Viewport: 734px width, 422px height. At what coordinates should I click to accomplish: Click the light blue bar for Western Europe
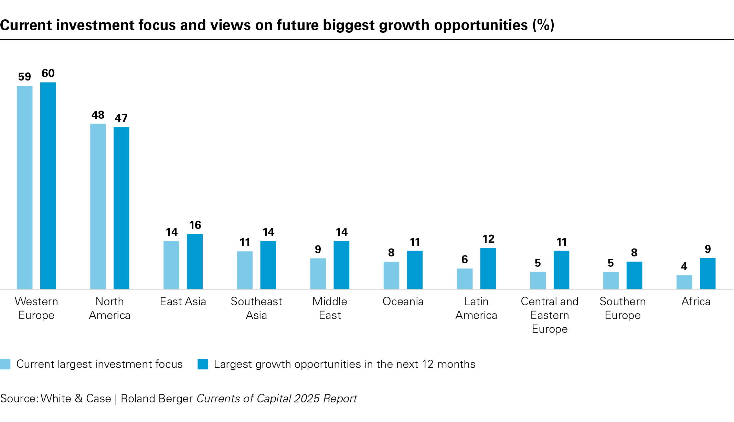[25, 187]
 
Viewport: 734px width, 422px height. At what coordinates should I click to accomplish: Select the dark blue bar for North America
[121, 208]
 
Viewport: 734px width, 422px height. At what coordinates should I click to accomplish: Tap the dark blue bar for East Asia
[195, 262]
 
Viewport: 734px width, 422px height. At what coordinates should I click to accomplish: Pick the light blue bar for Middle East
[318, 274]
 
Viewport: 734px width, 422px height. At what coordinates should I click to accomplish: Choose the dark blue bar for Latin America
[488, 268]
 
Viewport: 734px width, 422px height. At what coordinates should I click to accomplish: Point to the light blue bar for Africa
[684, 282]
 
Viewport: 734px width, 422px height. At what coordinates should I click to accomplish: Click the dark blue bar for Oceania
[415, 270]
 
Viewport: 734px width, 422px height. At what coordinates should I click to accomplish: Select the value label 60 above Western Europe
[48, 73]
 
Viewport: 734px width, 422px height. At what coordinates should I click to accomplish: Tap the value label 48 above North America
[98, 115]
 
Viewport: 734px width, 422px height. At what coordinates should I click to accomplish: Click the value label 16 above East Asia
[195, 225]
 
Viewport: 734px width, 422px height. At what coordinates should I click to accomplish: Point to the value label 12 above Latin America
[488, 239]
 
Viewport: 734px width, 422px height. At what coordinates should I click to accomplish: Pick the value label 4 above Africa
[684, 266]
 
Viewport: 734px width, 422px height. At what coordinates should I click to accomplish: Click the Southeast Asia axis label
[256, 308]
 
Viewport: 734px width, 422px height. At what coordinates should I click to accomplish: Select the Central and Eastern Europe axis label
[550, 315]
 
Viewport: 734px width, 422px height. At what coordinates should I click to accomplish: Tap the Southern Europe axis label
[623, 308]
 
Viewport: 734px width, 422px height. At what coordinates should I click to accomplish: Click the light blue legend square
[5, 364]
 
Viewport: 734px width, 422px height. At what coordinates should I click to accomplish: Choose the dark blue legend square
[203, 364]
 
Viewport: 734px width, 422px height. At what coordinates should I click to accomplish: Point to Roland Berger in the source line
[157, 399]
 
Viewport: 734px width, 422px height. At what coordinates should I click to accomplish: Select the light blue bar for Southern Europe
[611, 281]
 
